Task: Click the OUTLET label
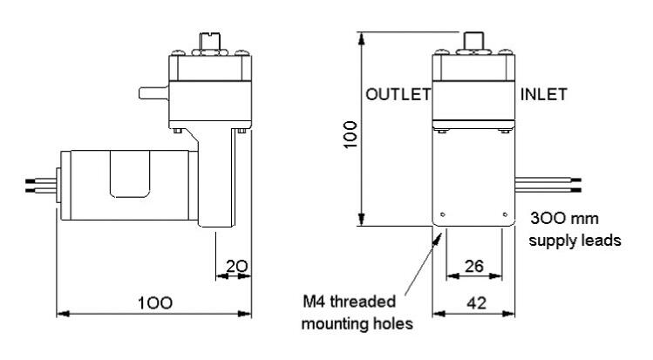397,96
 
